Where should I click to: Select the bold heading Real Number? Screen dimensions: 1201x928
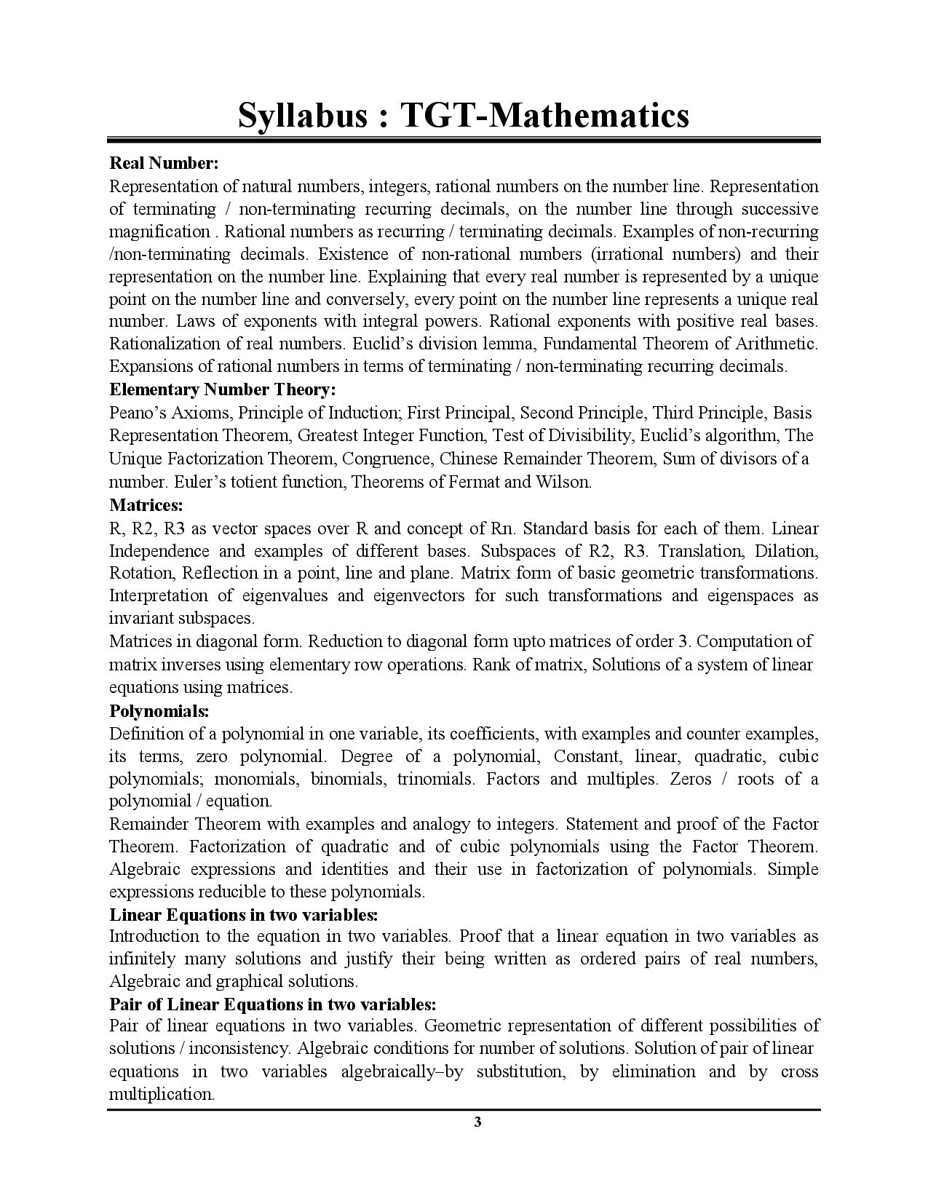pos(164,162)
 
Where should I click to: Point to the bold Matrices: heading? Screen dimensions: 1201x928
pos(146,504)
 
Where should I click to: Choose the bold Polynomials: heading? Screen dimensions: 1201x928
pos(159,710)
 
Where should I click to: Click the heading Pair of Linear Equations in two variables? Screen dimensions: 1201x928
pos(273,1004)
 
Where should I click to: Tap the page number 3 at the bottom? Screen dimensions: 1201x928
pos(477,1122)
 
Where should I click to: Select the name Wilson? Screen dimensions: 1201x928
pos(563,482)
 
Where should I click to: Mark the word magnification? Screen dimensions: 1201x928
pos(159,231)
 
